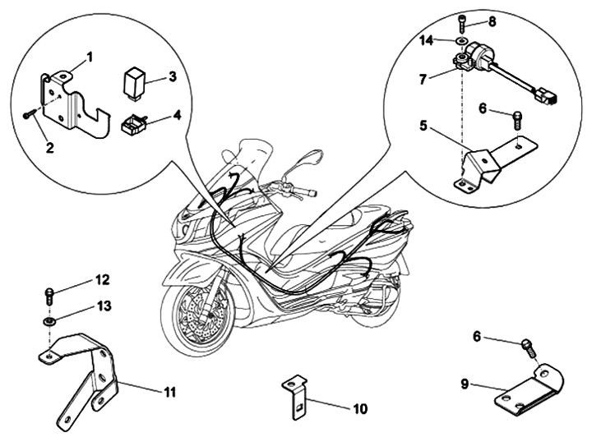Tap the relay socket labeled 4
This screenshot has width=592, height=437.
(132, 125)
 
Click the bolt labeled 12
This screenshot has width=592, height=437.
(49, 292)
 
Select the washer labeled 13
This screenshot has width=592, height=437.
(49, 321)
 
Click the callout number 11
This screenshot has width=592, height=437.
(169, 391)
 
